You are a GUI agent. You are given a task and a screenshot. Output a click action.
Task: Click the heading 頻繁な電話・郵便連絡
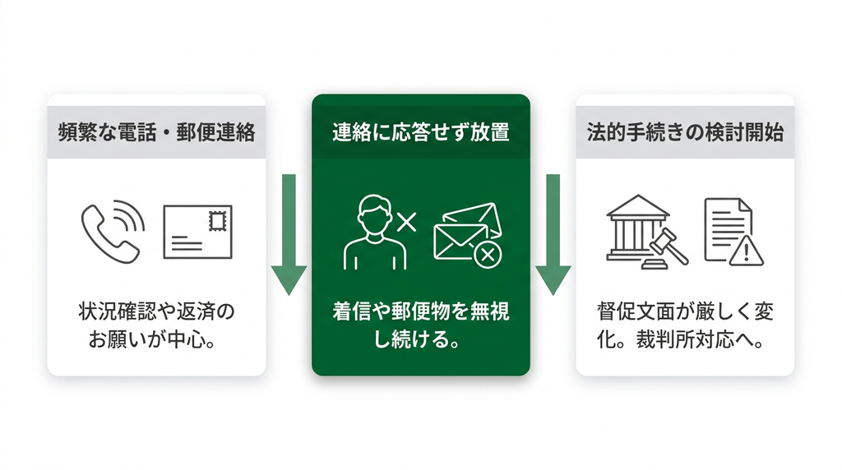click(x=157, y=132)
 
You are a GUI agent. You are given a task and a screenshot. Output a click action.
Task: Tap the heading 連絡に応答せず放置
click(x=420, y=132)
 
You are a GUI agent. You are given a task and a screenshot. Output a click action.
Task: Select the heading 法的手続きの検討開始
click(x=685, y=132)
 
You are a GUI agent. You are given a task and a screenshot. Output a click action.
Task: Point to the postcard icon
click(x=197, y=232)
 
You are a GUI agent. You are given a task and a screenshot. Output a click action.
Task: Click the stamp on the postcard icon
click(x=217, y=221)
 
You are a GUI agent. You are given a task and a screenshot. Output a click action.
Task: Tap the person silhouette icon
click(x=375, y=233)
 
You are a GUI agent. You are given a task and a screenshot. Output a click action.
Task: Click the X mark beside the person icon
click(x=406, y=221)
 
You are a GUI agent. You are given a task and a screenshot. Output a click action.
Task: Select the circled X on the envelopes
click(x=488, y=255)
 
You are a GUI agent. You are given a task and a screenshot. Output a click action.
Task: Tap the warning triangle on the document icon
click(x=746, y=251)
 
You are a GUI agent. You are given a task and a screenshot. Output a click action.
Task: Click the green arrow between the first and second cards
click(x=289, y=234)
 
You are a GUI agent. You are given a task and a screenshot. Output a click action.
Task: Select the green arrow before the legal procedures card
click(x=553, y=234)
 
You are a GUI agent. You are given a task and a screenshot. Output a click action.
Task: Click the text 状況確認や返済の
click(x=157, y=311)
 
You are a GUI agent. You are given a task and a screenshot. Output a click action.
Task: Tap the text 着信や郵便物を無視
click(x=421, y=311)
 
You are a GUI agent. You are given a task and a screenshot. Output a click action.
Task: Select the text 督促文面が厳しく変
click(x=685, y=311)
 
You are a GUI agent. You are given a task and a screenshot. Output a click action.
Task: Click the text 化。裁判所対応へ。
click(x=680, y=339)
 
